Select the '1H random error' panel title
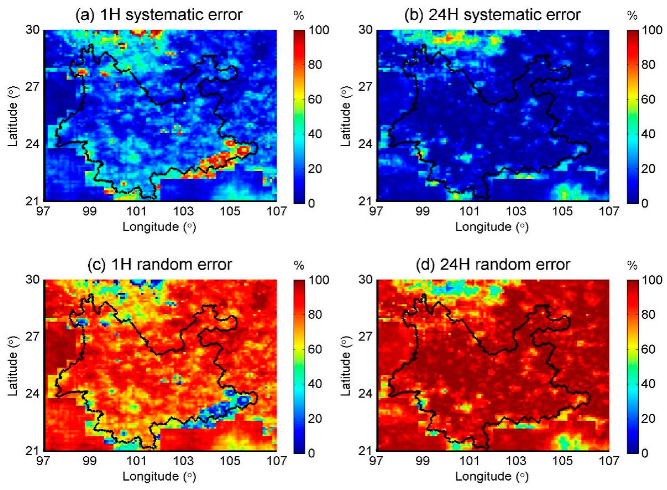click(x=160, y=264)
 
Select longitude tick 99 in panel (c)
click(x=89, y=461)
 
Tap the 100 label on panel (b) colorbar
click(x=652, y=30)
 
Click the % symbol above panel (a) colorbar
click(x=299, y=16)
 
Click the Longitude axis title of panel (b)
click(x=492, y=227)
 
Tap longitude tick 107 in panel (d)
click(x=609, y=461)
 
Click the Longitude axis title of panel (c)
click(x=159, y=477)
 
